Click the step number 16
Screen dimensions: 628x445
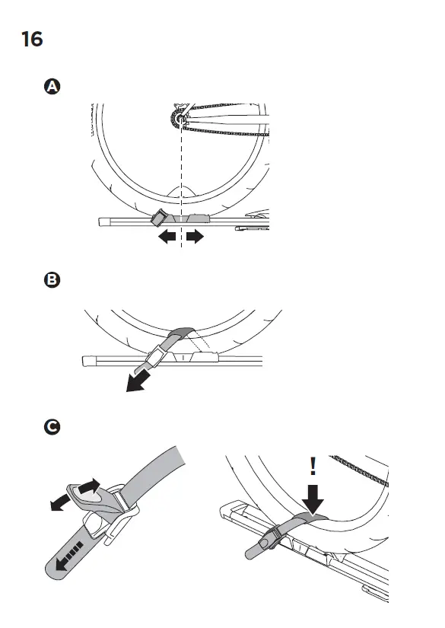pos(32,39)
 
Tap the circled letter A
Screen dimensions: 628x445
pos(52,87)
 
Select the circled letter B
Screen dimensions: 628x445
pos(52,280)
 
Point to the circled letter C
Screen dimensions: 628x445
pos(52,428)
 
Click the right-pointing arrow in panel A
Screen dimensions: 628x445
pos(195,237)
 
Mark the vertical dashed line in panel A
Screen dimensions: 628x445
pos(181,175)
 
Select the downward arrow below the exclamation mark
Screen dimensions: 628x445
pos(313,500)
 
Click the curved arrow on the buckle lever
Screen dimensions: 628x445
pos(88,488)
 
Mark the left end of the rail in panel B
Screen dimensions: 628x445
pos(87,359)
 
